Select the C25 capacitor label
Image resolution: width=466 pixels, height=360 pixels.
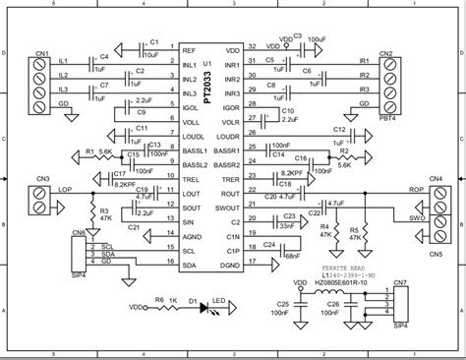(283, 304)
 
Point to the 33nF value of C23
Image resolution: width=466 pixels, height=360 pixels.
(292, 225)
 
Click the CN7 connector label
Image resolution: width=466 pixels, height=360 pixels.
(399, 282)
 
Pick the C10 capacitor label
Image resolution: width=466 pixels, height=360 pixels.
(287, 111)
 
